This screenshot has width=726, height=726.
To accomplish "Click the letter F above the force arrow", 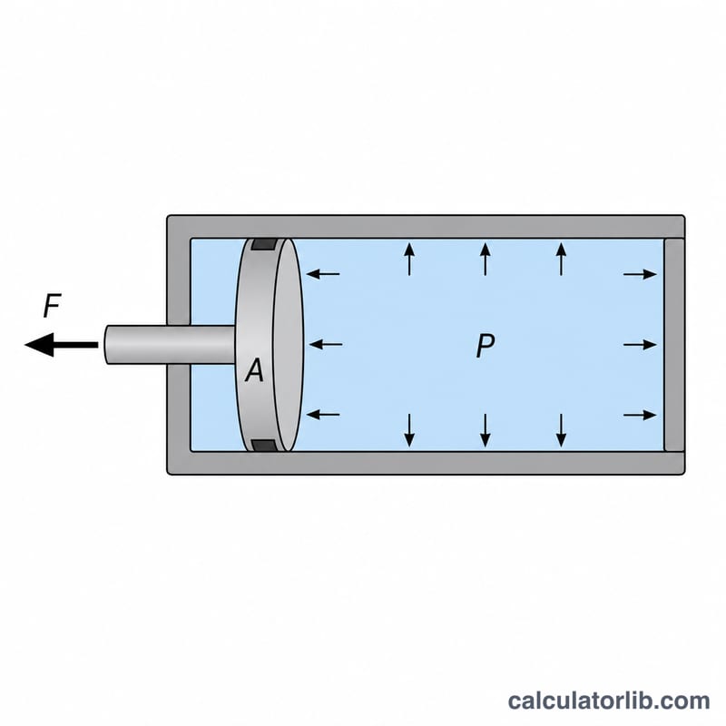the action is pos(52,306).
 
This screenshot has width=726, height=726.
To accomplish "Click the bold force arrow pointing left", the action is pos(61,345).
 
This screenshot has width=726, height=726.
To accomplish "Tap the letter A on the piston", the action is pos(255,370).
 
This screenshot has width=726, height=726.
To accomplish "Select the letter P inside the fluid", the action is pos(486,346).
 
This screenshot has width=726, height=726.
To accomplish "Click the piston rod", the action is pos(170,345).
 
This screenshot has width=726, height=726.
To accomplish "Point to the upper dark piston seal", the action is pos(264,244).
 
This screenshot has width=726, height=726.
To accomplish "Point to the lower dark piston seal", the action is pos(264,445).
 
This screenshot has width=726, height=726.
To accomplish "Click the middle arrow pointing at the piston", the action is pos(325,345).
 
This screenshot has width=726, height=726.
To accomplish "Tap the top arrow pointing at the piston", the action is pos(323,274).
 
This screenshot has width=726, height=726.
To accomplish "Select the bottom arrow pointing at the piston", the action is pos(323,414).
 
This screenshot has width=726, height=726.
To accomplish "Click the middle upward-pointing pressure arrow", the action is pos(485,260).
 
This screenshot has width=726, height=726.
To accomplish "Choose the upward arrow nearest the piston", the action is pos(409,260).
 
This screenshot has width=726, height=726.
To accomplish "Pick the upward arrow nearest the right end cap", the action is pos(561,260).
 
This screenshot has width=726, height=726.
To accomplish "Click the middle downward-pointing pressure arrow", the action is pos(485,430).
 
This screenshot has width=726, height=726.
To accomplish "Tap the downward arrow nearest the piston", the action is pos(409,430).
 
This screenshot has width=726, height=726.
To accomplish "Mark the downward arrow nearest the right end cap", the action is pos(561,430).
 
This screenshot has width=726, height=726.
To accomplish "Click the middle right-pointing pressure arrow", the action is pos(641,345).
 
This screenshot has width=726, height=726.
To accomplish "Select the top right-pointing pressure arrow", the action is pos(641,274).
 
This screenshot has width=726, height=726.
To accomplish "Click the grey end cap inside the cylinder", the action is pos(674,345).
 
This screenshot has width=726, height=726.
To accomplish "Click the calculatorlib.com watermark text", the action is pos(609,701).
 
